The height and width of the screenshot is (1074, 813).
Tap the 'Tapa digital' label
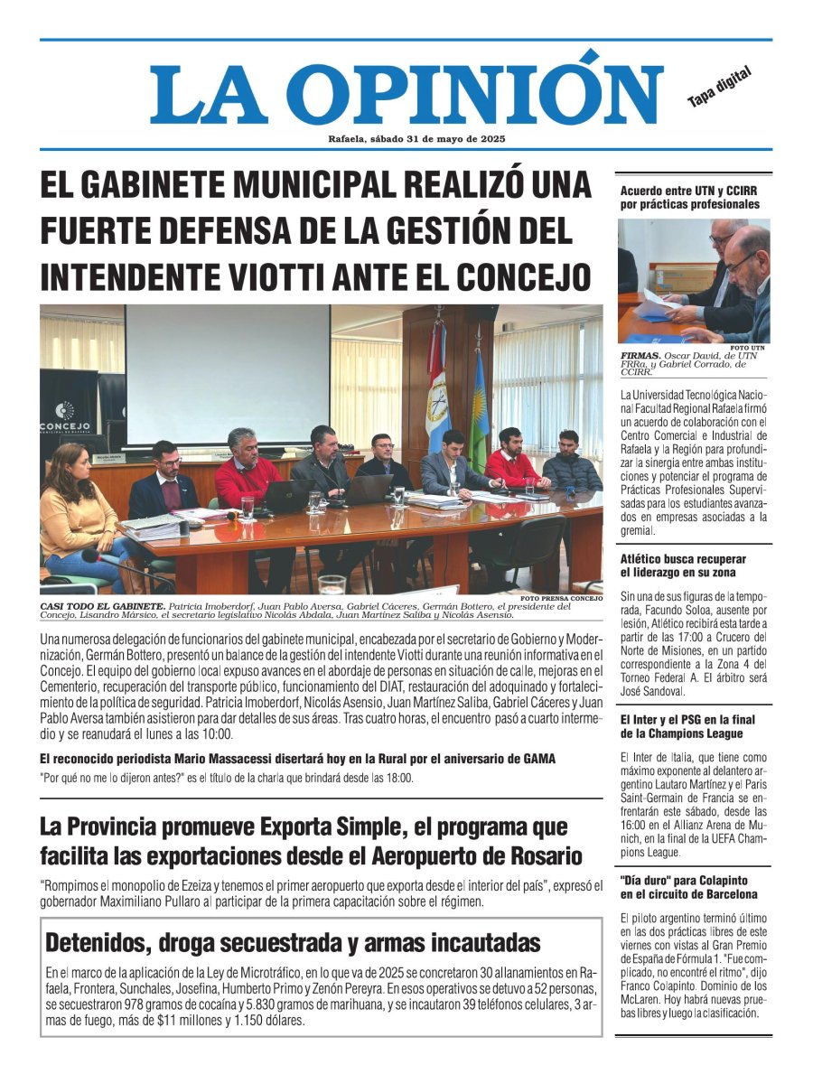tap(719, 89)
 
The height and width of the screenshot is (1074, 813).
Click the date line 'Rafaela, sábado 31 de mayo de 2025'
tap(416, 139)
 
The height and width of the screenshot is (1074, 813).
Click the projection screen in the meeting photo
tap(227, 374)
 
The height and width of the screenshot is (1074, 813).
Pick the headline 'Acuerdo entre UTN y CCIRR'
tap(690, 197)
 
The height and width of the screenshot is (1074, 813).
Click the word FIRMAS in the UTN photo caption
tap(640, 356)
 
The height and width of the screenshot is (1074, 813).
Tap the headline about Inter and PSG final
tap(688, 726)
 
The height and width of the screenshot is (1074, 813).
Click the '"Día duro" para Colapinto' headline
tap(688, 887)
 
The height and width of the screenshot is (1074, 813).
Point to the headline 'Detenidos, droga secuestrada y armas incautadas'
tap(294, 943)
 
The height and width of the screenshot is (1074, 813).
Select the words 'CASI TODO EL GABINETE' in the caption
tap(101, 605)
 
